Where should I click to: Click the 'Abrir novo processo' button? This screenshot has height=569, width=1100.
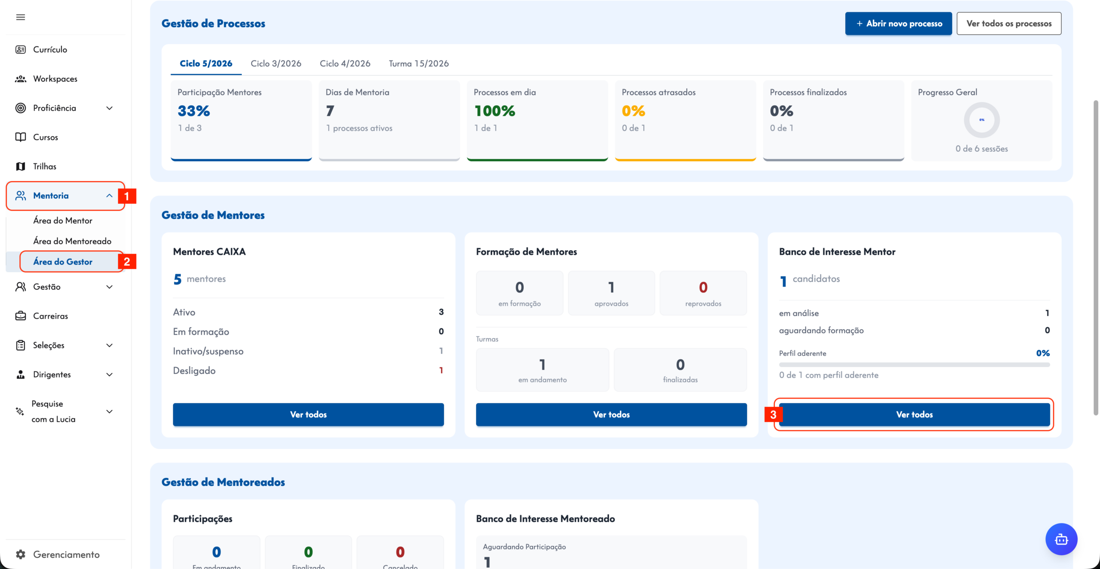[898, 24]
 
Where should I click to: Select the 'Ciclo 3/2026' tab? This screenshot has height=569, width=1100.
[276, 64]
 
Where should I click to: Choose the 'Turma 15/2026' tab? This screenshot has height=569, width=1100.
[419, 64]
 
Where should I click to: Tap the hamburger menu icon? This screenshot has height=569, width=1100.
[21, 17]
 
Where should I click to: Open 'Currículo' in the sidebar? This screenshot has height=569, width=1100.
[50, 49]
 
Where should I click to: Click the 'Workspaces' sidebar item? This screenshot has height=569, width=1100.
[55, 79]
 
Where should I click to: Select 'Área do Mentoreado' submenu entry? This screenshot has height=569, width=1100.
[72, 241]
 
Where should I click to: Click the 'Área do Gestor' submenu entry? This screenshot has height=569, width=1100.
[63, 262]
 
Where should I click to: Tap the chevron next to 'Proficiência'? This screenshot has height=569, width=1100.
[110, 108]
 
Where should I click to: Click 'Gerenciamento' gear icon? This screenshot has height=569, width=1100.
[21, 554]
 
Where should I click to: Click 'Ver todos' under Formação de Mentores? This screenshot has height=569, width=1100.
[611, 414]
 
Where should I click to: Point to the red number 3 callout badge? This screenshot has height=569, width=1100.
[773, 415]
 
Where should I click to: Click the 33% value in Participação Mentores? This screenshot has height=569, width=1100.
[194, 111]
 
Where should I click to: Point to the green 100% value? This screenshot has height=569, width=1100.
[495, 111]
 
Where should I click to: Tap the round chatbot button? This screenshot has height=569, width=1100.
[1061, 539]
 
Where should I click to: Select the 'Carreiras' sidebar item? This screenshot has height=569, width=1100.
[50, 316]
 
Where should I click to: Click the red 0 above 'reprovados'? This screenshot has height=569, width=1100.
[703, 287]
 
